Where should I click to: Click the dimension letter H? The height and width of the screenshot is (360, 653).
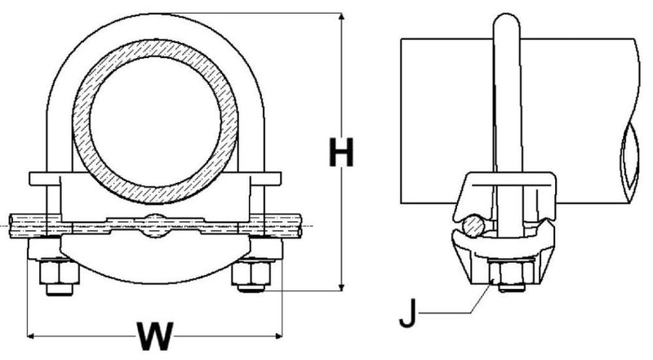(341, 152)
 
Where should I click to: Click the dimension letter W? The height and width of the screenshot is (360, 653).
(155, 336)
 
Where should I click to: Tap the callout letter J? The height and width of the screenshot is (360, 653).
(408, 313)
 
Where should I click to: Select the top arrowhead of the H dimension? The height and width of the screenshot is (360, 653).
(341, 17)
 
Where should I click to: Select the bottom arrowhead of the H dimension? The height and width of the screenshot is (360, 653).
(341, 287)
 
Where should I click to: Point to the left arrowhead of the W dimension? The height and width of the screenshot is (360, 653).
(31, 336)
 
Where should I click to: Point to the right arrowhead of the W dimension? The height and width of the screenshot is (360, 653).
(278, 336)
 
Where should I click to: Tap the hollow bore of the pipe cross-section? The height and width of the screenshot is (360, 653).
(155, 122)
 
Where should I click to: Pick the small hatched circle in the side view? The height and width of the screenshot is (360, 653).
(473, 226)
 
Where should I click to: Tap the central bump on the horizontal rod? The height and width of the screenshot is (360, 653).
(155, 226)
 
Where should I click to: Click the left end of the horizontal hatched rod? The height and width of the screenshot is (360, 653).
(10, 226)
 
